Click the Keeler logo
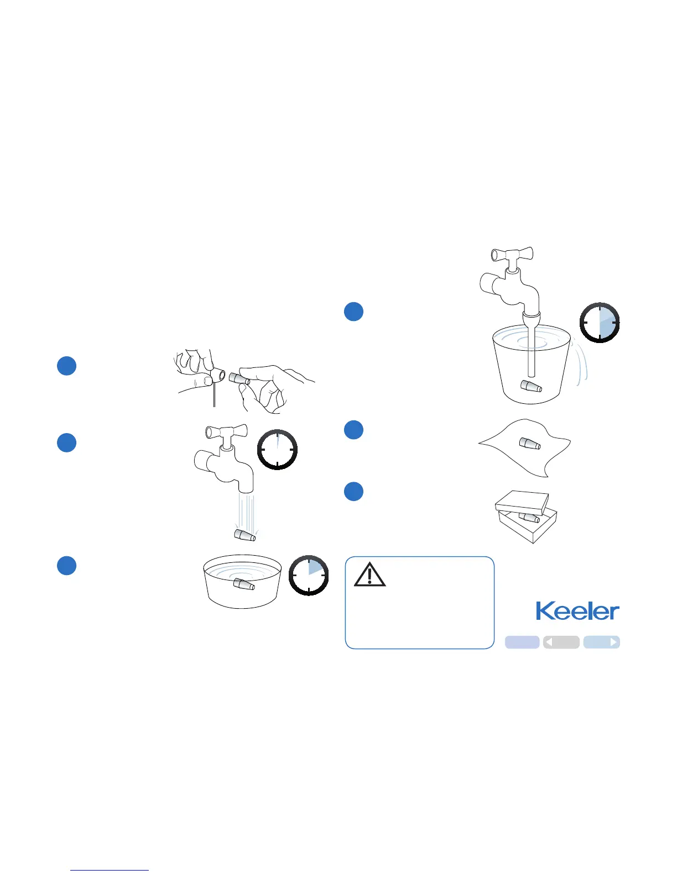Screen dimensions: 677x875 (577, 611)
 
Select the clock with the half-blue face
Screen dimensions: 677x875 (600, 323)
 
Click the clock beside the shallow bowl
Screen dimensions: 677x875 (309, 575)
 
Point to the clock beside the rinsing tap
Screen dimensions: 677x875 (277, 450)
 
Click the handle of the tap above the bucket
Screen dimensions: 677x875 (512, 255)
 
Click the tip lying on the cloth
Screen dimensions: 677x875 (529, 443)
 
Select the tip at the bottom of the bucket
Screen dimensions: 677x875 (531, 386)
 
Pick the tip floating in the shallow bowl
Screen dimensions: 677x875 (243, 583)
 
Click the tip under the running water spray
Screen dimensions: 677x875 (244, 535)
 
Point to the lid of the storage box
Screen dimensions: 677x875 (522, 502)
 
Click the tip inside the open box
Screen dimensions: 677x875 (530, 518)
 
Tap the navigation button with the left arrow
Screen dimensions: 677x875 (561, 642)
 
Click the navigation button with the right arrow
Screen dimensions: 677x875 (601, 642)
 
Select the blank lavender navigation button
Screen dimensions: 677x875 (522, 642)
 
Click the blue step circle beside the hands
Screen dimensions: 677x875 (67, 366)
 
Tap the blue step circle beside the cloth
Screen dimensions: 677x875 (354, 430)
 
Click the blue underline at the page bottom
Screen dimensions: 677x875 (110, 870)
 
